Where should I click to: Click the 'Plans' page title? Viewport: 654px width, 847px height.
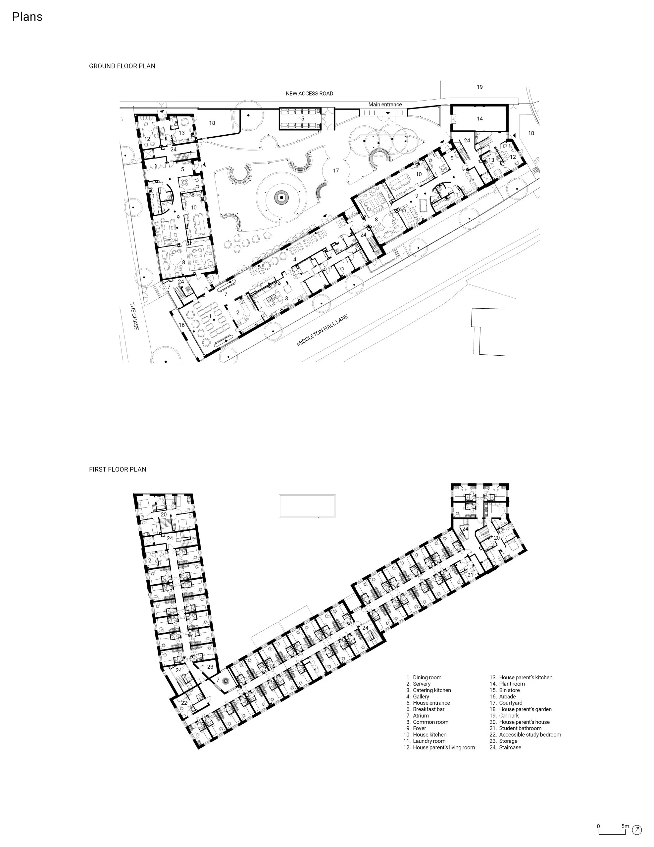[27, 17]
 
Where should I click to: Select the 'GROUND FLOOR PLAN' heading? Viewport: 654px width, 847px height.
[122, 66]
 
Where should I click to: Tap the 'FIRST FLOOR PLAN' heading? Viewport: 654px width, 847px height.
[118, 469]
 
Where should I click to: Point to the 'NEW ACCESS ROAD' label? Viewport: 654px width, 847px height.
[309, 93]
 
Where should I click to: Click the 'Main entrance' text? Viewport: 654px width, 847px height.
[385, 104]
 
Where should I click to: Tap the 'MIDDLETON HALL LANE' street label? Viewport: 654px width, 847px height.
[322, 331]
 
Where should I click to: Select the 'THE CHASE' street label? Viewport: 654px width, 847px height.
[134, 316]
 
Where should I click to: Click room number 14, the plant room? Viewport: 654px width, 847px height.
[480, 119]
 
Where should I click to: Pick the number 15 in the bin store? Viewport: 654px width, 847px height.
[301, 119]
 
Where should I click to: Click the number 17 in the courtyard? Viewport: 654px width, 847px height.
[336, 170]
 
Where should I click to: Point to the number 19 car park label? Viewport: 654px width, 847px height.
[480, 87]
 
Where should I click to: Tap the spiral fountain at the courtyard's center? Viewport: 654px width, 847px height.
[281, 198]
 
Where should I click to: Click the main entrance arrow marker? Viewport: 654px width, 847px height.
[387, 113]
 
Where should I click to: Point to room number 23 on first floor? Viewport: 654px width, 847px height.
[210, 667]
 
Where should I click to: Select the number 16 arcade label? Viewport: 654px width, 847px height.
[182, 325]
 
